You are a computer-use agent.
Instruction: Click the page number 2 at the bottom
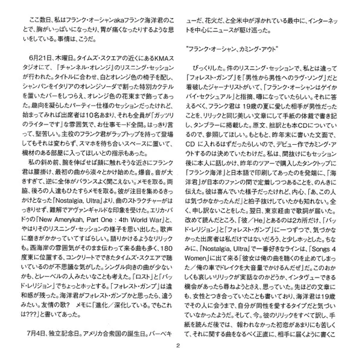(x=180, y=345)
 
